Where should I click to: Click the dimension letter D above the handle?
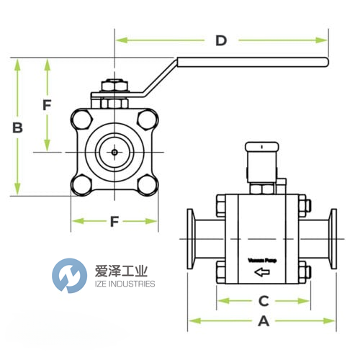(221, 40)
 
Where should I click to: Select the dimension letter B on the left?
(18, 128)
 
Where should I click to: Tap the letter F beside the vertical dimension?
(47, 104)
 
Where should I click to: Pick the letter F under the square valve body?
(114, 222)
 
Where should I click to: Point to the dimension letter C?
(264, 300)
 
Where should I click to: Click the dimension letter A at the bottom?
(264, 322)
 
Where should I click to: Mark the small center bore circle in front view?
(114, 152)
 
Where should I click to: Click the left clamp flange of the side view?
(193, 240)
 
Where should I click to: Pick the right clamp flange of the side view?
(333, 240)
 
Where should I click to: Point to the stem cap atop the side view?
(262, 148)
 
